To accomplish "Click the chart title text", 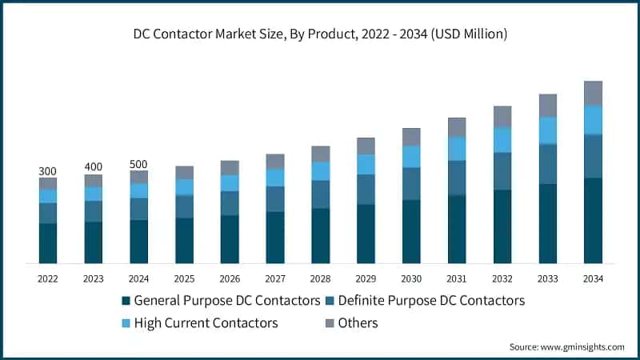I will tap(320, 34).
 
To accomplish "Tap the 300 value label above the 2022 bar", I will tap(48, 171).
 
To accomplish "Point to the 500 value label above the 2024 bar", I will tap(138, 164).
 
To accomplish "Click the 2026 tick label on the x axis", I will tap(230, 279).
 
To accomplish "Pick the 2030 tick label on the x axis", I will tap(411, 279).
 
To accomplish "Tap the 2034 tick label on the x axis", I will tap(593, 279).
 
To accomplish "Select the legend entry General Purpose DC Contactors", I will tap(221, 301).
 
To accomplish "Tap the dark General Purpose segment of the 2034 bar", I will tap(593, 221).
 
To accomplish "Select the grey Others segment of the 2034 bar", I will tap(593, 93).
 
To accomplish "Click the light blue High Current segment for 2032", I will tap(502, 140).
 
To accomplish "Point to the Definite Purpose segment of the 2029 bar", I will tap(366, 190).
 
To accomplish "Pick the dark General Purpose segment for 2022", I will tap(48, 243).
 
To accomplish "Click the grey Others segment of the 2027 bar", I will tap(275, 162).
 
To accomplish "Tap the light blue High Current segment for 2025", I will tap(184, 187).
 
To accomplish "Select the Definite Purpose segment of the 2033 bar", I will tap(548, 164).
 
